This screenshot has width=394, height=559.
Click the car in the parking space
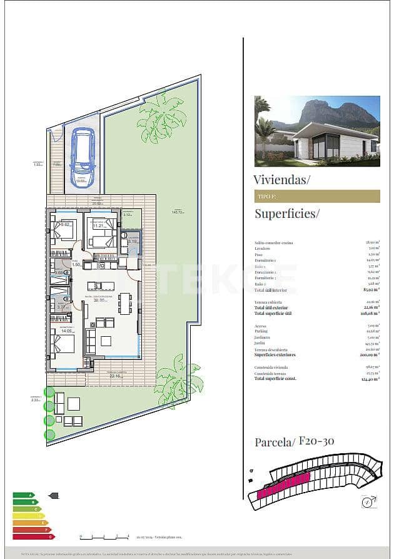click(83, 153)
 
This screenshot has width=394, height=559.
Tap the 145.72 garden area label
click(178, 212)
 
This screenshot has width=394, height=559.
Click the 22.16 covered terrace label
click(113, 377)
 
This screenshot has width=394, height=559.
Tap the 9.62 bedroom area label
click(64, 225)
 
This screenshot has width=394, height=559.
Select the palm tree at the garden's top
click(161, 117)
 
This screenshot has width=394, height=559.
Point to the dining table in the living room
click(125, 304)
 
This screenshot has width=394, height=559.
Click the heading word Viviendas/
click(282, 180)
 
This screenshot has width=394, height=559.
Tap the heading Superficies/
click(286, 213)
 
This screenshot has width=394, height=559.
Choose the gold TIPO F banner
click(317, 196)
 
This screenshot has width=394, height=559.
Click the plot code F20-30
click(316, 441)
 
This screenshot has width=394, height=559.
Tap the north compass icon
click(368, 501)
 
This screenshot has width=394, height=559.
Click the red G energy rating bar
click(34, 536)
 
